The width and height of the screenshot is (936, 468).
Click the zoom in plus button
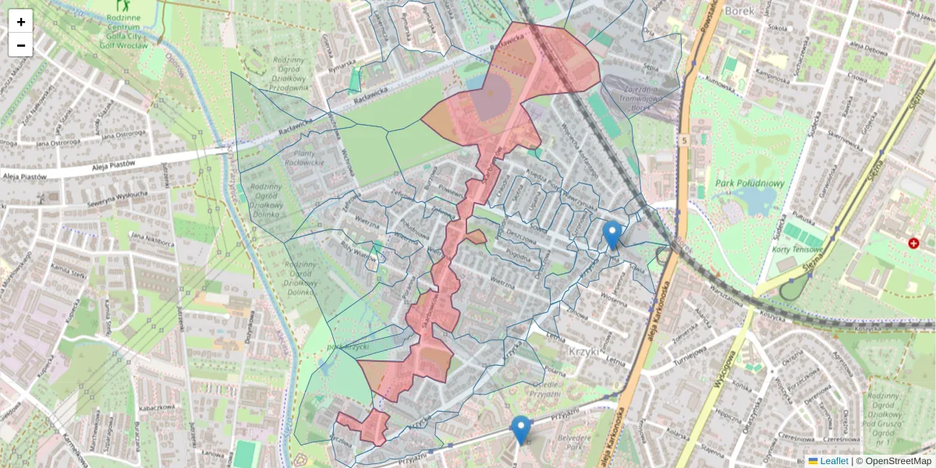(21, 22)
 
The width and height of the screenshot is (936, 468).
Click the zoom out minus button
(21, 45)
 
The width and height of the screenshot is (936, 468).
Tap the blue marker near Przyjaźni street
(520, 430)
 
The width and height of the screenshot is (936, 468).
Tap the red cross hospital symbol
(913, 243)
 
